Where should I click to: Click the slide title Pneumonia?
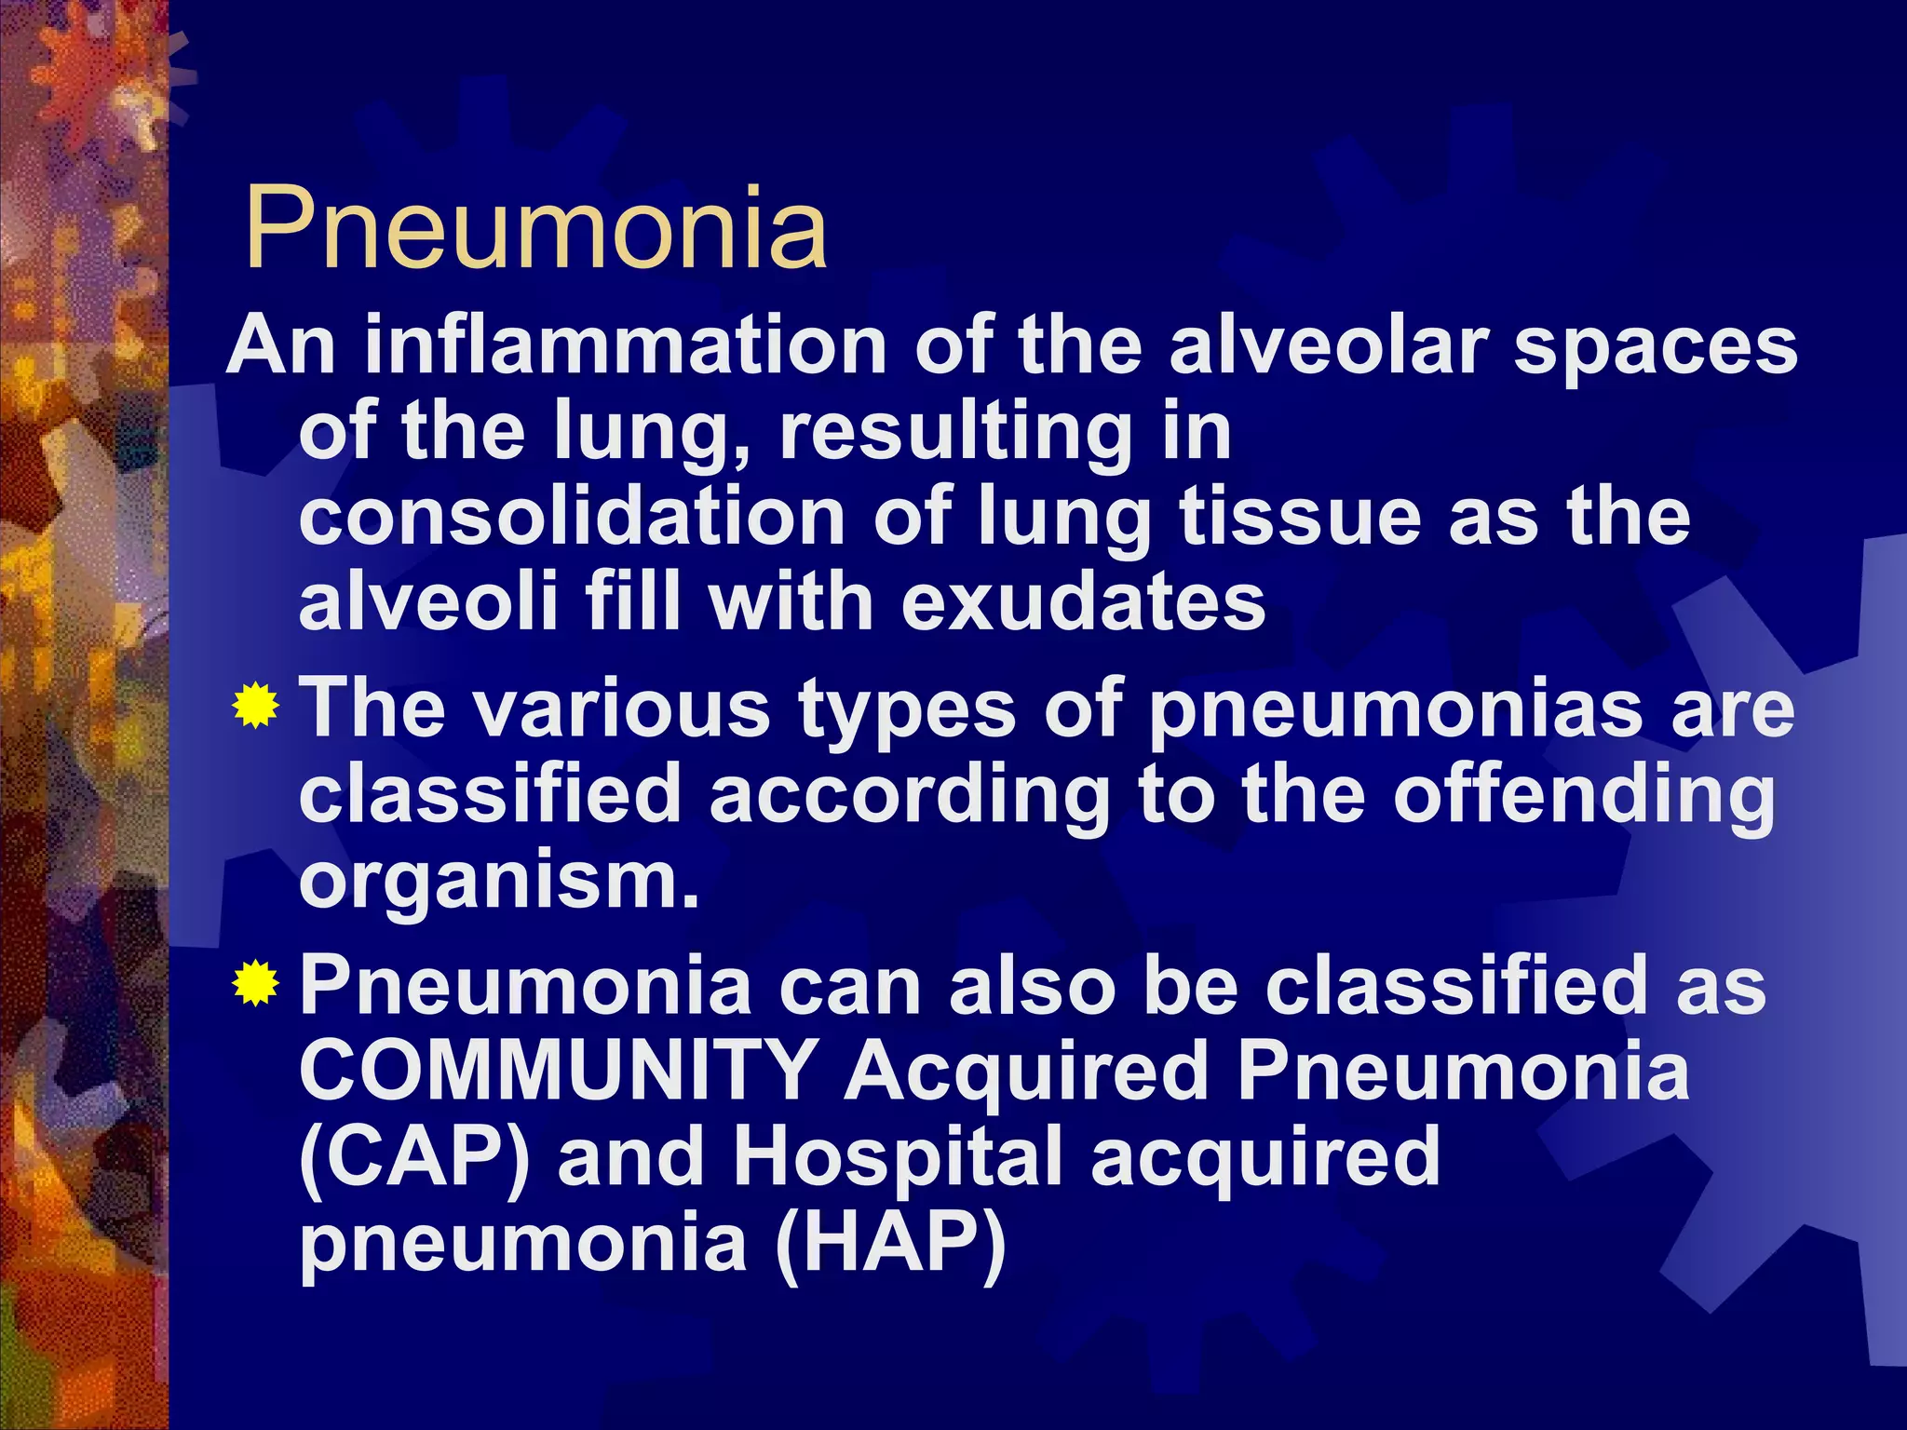(535, 228)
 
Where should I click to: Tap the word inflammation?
(625, 345)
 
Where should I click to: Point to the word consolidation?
(572, 517)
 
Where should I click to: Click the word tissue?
(1300, 517)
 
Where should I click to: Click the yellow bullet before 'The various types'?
(255, 707)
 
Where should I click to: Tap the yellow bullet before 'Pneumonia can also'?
(255, 985)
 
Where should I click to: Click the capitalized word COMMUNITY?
(560, 1071)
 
